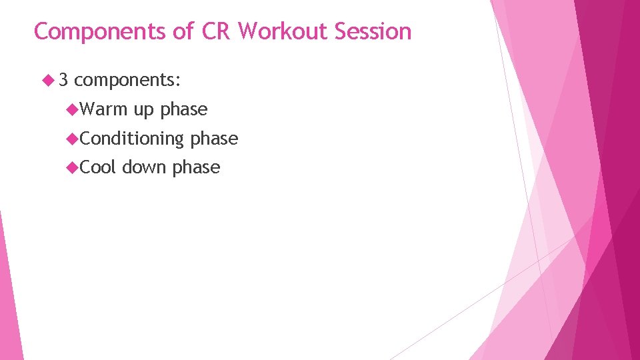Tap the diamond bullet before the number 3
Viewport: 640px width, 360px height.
click(x=47, y=81)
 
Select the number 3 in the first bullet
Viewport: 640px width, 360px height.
click(x=63, y=80)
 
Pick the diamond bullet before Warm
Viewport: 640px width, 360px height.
click(x=73, y=109)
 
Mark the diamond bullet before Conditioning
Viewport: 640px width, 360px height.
click(x=73, y=139)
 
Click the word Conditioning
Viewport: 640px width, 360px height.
click(x=131, y=139)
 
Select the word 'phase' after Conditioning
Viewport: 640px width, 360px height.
click(x=214, y=139)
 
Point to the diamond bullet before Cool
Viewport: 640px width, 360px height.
click(x=73, y=167)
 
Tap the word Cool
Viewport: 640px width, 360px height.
click(x=98, y=167)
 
